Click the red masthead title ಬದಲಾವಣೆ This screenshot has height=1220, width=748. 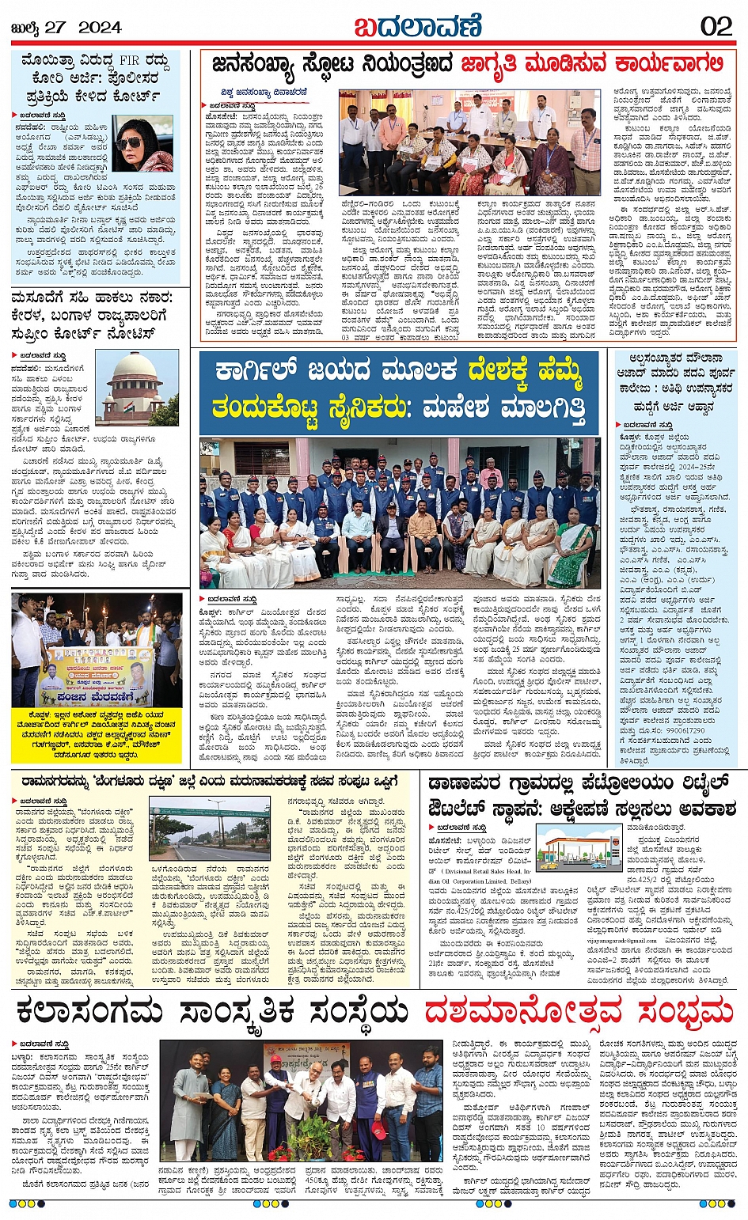click(417, 25)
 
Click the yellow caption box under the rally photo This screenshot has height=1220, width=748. click(99, 732)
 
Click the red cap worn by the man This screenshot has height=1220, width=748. click(275, 1059)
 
